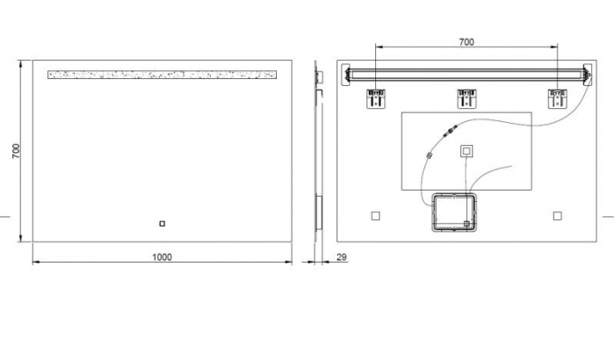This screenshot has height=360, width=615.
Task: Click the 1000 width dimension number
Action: coord(162,256)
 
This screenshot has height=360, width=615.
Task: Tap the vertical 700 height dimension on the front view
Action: coord(16,151)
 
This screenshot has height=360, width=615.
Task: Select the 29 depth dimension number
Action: coord(342,256)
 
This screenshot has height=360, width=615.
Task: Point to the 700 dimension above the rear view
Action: coord(467,41)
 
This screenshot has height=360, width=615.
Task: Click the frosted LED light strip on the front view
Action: coord(162,75)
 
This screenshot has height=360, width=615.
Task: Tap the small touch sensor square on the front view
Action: coord(162,223)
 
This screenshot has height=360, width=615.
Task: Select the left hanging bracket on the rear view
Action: coord(376,97)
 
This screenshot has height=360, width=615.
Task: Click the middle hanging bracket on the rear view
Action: coord(467,97)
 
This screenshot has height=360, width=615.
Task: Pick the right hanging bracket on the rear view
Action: coord(557,97)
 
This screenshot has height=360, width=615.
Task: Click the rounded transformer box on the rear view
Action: coord(455,213)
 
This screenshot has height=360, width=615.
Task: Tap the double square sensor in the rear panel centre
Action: coord(467,151)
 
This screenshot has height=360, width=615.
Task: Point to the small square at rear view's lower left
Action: coord(375,215)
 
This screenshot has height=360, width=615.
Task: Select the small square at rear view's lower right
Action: coord(557,215)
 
